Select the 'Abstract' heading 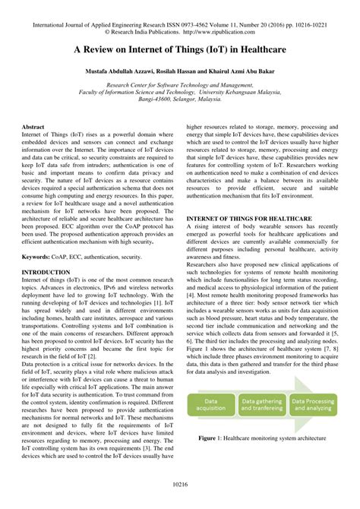tap(34, 126)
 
